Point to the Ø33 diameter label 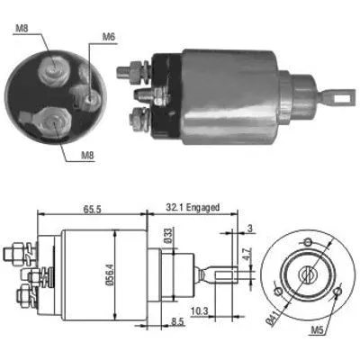pos(168,237)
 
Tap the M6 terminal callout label pos(108,37)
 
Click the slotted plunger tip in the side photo pos(340,90)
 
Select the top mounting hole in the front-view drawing pos(308,241)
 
